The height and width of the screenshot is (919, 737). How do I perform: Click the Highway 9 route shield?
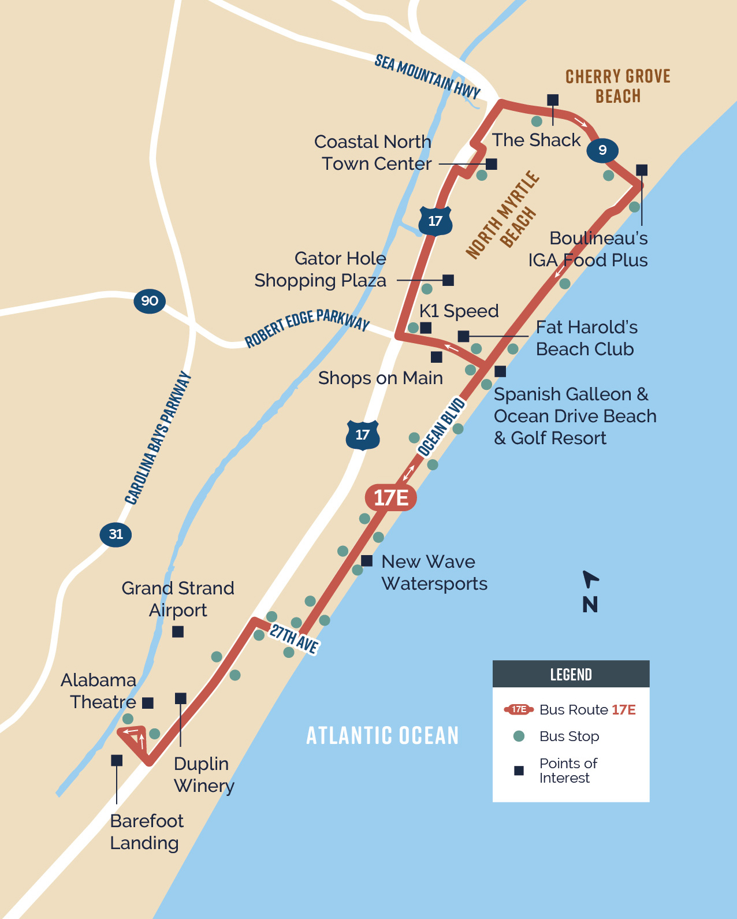[602, 150]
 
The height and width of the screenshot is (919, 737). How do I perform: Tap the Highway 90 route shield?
[150, 301]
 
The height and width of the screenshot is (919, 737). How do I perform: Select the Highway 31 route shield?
[116, 534]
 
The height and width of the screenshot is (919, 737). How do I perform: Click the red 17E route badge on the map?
[391, 497]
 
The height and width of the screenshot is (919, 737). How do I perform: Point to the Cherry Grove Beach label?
[618, 86]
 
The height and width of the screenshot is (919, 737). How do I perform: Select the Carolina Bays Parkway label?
[158, 438]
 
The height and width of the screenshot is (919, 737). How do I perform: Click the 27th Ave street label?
[294, 638]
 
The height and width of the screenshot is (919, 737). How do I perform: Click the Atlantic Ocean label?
[382, 736]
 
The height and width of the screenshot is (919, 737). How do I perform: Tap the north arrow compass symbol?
[590, 579]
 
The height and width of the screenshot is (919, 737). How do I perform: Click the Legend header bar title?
[571, 675]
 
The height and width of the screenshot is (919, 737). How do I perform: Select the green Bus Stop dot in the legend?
[519, 736]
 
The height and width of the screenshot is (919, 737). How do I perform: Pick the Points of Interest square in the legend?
[519, 771]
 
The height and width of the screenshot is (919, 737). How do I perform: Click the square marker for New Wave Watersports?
[367, 560]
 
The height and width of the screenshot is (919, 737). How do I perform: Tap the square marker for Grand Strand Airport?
[178, 632]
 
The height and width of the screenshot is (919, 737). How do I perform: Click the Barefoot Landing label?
[146, 832]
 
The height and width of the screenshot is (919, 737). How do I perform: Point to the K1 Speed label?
[459, 311]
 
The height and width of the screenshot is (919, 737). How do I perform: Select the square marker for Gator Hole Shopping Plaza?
[448, 280]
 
